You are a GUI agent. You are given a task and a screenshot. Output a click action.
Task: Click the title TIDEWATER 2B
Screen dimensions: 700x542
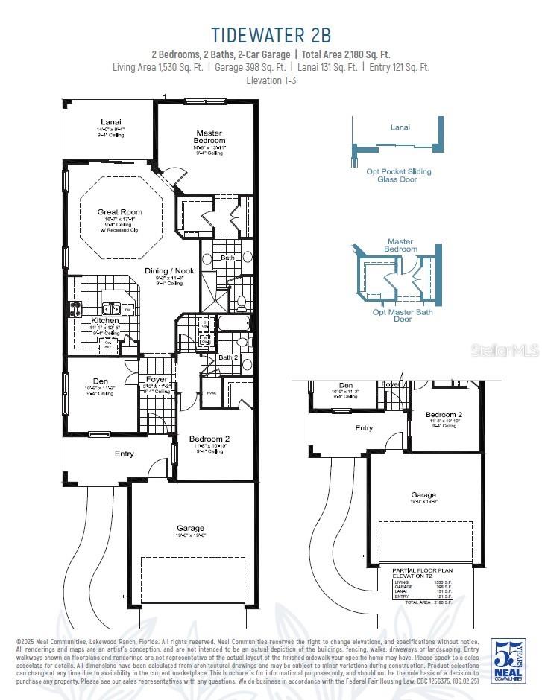pos(271,34)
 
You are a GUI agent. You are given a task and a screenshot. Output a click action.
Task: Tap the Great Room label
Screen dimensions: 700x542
pos(119,212)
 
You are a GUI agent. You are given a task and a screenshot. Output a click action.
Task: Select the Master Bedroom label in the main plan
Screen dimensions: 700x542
pos(209,136)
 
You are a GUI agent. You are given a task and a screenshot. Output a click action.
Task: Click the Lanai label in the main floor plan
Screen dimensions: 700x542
pos(111,122)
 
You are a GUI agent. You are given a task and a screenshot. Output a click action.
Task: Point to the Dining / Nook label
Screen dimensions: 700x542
pos(169,271)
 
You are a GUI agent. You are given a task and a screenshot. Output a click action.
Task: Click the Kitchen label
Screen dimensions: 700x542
pos(105,320)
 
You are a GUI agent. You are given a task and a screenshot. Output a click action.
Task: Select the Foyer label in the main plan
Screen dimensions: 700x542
pos(157,380)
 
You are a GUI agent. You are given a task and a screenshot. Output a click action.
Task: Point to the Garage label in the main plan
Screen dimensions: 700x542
pos(190,528)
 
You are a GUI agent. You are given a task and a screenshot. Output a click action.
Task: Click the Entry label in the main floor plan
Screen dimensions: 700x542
pos(124,454)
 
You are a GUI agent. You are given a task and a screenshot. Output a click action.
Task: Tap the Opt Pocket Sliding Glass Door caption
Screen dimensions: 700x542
pos(398,175)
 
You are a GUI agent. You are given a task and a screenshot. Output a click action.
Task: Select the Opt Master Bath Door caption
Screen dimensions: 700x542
pos(402,316)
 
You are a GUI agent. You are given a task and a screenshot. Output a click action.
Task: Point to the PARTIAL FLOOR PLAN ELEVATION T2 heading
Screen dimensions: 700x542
pos(422,573)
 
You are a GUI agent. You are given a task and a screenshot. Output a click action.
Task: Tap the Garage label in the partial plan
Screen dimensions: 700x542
pos(423,495)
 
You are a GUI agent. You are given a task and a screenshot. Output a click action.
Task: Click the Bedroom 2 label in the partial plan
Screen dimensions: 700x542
pos(444,415)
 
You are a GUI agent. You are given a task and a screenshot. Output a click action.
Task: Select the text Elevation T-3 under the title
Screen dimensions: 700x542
pos(271,80)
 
